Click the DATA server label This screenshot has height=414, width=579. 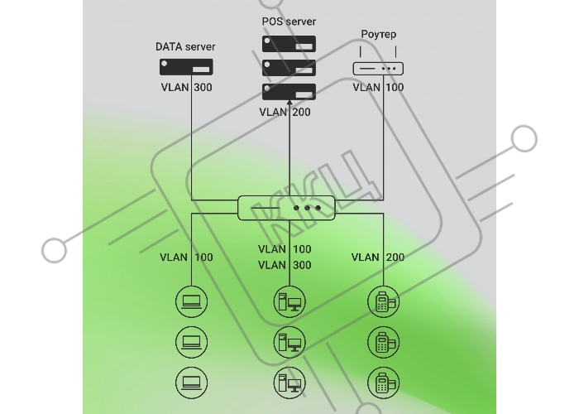pos(185,47)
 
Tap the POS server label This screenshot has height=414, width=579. pos(289,22)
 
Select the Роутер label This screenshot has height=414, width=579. pos(379,35)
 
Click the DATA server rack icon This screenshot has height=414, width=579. pos(186,67)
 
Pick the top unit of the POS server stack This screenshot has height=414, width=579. pos(289,44)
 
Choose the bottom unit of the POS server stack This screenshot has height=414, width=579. pos(289,92)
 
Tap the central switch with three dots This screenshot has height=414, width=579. pos(286,208)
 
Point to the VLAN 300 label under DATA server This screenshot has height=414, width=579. pos(186,88)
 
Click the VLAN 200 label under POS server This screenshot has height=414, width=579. pos(285,112)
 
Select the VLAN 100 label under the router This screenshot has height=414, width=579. pos(378,88)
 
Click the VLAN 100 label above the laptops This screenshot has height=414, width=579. pos(186,258)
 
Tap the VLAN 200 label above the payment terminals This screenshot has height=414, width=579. pos(378,258)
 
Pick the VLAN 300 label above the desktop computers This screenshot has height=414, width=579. pos(285,265)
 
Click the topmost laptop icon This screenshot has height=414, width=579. pos(191,301)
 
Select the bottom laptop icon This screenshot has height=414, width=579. pos(191,383)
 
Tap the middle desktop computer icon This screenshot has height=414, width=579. pos(289,342)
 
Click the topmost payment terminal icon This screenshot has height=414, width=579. pos(383,301)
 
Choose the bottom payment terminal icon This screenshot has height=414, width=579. pos(383,383)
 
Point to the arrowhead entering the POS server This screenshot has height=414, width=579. pos(289,103)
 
